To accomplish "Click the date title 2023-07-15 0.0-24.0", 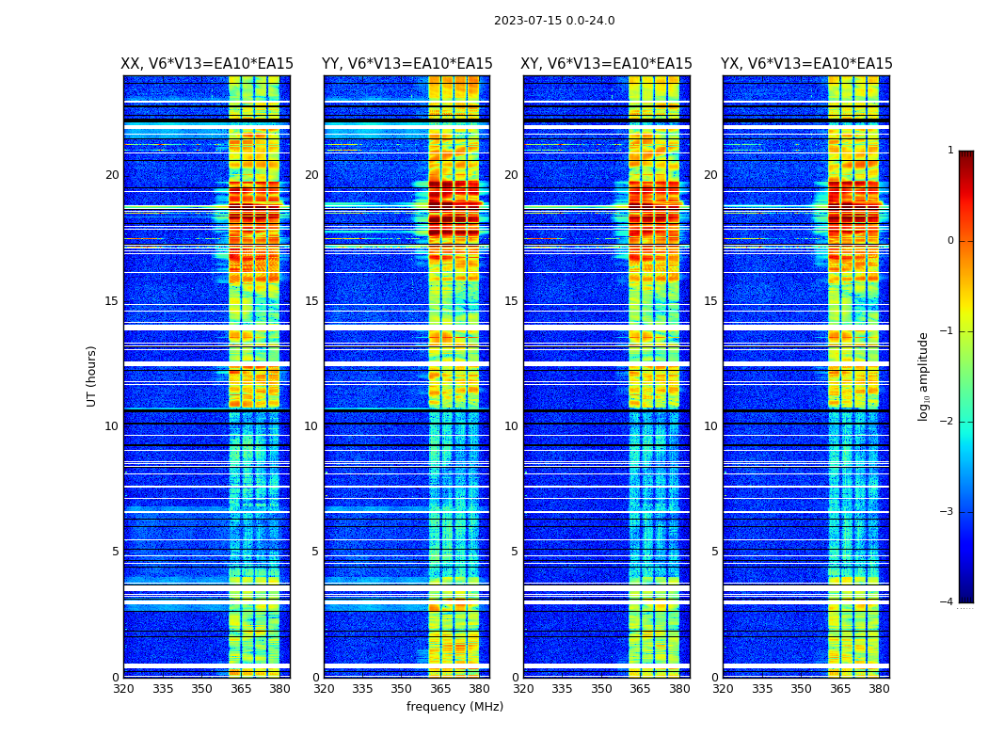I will point(554,21).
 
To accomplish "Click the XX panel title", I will point(207,64).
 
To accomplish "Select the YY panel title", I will point(406,64).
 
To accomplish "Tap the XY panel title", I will point(606,64).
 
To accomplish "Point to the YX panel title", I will point(806,64).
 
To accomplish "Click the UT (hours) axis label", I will point(92,376).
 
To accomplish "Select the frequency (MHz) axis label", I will point(454,707).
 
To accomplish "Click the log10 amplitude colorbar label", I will point(924,376).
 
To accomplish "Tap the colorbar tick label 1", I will point(949,151).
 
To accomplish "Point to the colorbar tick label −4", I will point(948,602).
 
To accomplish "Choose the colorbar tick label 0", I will point(949,241).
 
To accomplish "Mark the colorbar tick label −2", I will point(948,422).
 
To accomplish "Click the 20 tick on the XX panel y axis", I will point(112,175).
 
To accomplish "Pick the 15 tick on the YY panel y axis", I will point(311,301).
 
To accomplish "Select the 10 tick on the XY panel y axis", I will point(511,426).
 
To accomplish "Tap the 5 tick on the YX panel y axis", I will point(714,552).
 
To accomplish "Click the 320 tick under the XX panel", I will point(123,689).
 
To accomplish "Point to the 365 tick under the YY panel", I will point(440,689).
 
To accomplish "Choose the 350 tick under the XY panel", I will point(601,689).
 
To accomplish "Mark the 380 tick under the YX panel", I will point(879,689).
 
